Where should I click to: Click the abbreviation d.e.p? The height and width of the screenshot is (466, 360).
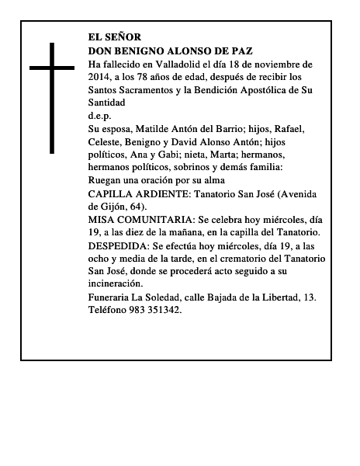pyautogui.click(x=99, y=115)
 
